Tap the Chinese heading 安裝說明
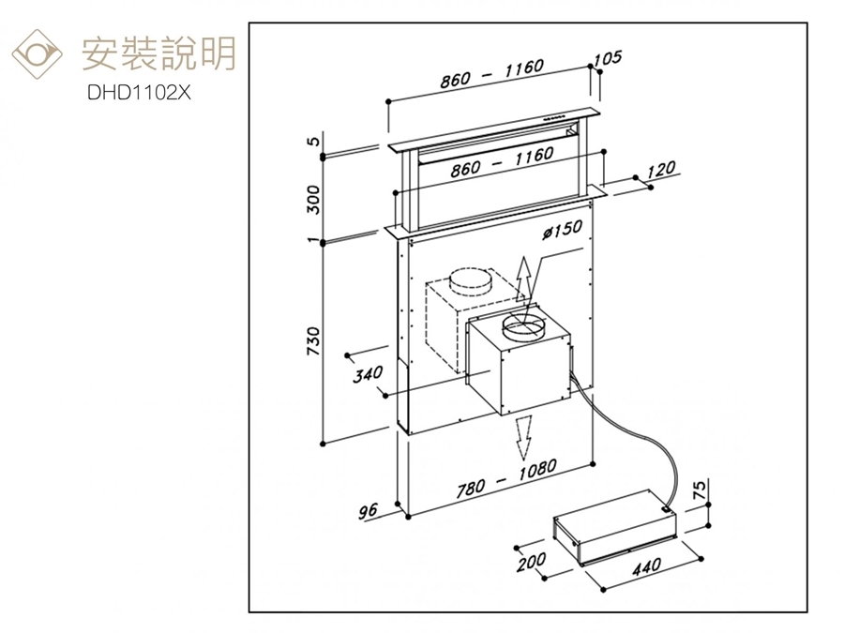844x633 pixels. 158,53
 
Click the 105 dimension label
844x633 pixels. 608,58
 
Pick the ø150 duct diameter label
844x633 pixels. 562,227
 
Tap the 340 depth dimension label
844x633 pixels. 368,374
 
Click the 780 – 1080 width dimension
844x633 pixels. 506,477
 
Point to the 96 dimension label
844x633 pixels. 369,511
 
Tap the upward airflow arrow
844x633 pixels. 526,278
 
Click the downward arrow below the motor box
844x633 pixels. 524,434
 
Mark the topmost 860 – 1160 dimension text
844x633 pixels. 491,74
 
